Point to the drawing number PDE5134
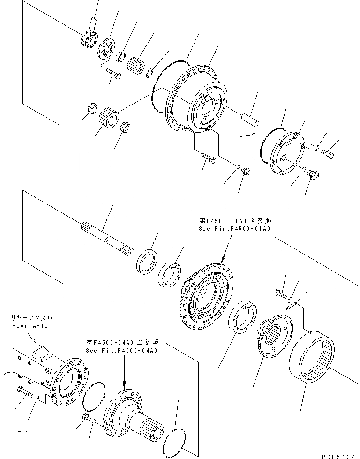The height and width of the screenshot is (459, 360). tap(339, 454)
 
